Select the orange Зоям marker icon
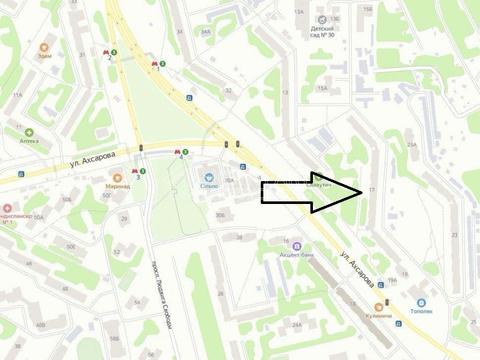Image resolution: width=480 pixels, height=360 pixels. pos(44,47)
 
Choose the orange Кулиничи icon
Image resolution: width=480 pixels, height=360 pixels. pos(379,307)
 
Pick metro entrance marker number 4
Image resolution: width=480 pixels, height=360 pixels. pos(180,153)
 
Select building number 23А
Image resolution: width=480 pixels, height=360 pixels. pos(412,145)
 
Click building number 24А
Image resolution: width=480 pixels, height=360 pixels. pos(296,325)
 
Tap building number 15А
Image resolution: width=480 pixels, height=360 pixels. pos(322,89)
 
